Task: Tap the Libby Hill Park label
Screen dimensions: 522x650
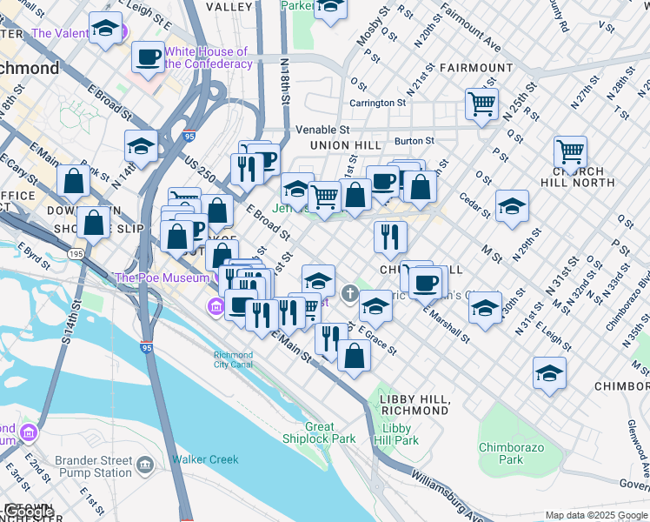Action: (x=401, y=434)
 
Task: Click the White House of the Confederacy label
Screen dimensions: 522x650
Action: (x=206, y=57)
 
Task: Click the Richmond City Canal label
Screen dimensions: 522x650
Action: (x=234, y=360)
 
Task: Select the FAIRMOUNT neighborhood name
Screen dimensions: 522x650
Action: (x=475, y=68)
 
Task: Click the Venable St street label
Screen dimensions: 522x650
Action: (x=321, y=129)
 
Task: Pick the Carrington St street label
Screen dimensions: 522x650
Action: (x=378, y=103)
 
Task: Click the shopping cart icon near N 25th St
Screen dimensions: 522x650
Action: (x=481, y=104)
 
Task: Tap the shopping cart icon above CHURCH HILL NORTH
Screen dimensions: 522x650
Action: (x=570, y=152)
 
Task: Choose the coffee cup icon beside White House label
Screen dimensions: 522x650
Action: (x=148, y=57)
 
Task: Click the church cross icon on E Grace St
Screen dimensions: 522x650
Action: (x=350, y=293)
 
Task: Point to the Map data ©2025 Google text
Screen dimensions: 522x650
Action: (x=595, y=515)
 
